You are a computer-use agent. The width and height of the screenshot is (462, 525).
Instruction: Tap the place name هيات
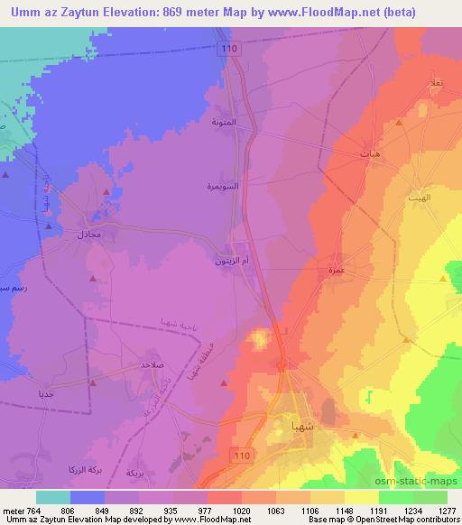click(x=370, y=152)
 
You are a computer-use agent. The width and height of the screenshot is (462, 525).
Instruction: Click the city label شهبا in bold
click(x=298, y=423)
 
